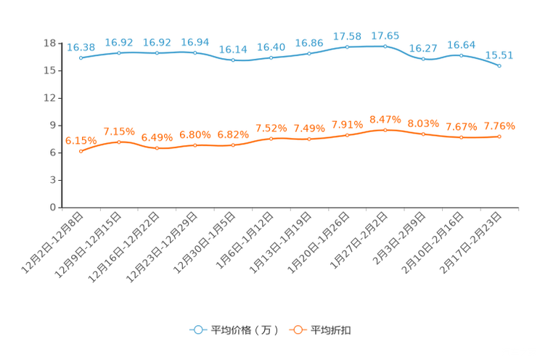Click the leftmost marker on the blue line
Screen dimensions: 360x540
[81, 58]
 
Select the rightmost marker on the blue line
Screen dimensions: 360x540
[499, 66]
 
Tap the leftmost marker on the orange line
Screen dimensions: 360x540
[81, 151]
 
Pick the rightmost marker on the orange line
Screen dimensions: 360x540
[499, 136]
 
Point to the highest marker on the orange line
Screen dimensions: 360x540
[385, 130]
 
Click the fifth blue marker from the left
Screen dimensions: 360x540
[233, 60]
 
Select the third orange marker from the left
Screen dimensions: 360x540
[157, 148]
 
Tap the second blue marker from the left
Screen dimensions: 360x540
[118, 53]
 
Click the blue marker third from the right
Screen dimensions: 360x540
[423, 59]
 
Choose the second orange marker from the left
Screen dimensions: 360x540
[118, 142]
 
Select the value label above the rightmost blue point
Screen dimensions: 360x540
[499, 55]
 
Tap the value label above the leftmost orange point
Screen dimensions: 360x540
[80, 140]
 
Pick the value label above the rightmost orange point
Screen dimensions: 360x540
[499, 126]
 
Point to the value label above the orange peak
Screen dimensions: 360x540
[385, 118]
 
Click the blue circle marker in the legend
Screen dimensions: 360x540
[197, 330]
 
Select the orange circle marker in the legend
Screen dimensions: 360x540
[297, 330]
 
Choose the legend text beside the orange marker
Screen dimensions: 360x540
[332, 330]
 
